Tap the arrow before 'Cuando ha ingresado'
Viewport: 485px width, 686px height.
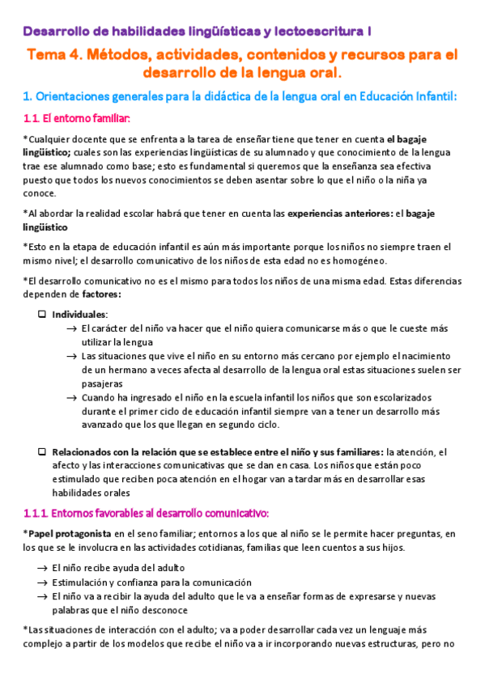tap(73, 397)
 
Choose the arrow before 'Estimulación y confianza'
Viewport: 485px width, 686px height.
tap(41, 582)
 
